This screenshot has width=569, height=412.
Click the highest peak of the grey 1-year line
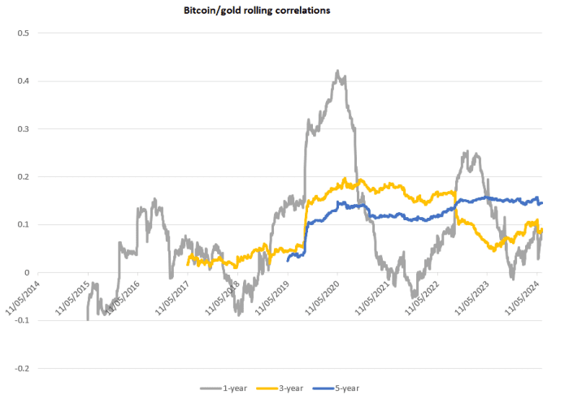coord(337,71)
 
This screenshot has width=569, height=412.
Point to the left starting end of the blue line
coord(289,260)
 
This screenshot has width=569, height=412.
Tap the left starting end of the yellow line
coord(188,263)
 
